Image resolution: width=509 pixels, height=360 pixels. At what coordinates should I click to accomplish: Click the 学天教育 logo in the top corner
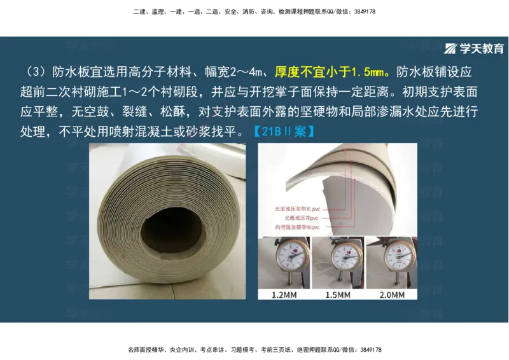click(x=474, y=49)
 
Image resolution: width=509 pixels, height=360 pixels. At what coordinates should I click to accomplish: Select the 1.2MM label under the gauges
click(x=282, y=294)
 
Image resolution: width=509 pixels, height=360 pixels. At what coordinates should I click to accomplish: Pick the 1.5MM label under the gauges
click(x=338, y=294)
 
